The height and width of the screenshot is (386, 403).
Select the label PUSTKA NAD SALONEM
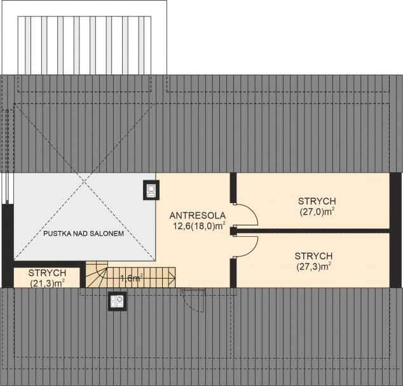83,234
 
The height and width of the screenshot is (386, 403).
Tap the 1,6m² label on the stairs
132,277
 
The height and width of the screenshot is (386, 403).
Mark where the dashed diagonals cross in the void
85,185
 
